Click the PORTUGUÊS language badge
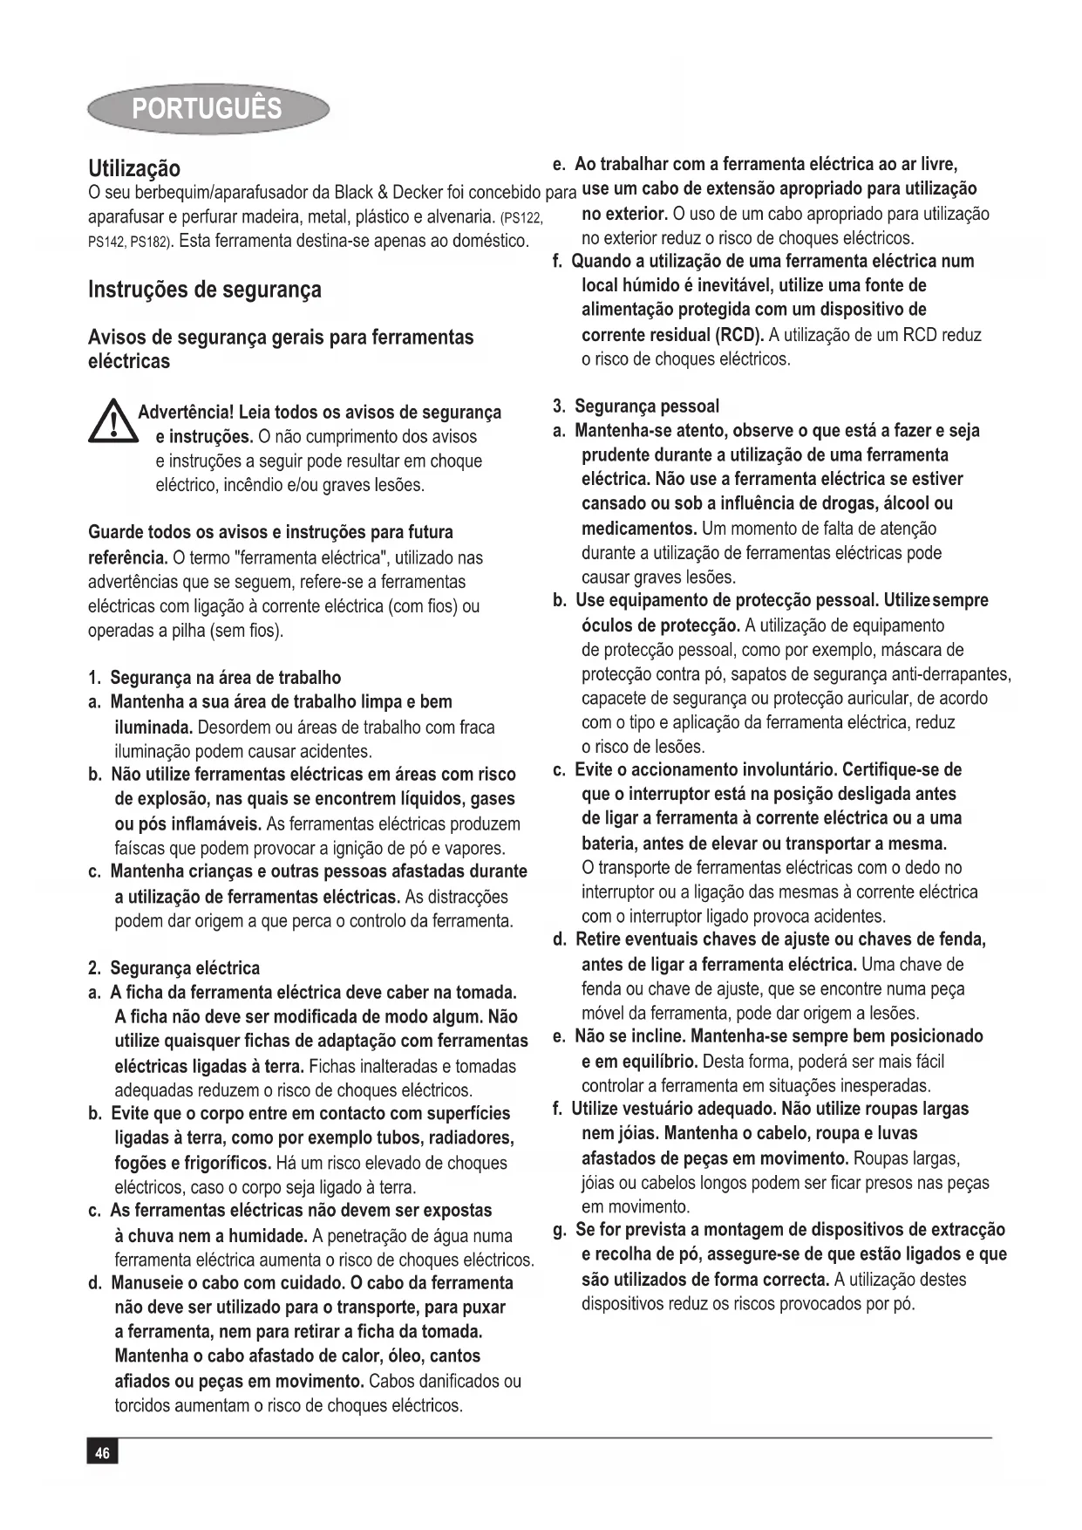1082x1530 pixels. click(208, 109)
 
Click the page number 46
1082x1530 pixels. click(102, 1451)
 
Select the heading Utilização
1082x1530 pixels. click(134, 169)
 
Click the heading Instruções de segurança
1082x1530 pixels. click(205, 290)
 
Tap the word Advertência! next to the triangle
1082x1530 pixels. click(186, 412)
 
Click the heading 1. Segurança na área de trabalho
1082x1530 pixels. click(214, 678)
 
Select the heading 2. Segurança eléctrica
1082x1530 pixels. click(174, 968)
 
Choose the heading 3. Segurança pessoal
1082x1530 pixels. click(636, 406)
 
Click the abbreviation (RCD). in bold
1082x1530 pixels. click(739, 335)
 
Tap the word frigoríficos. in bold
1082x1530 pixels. click(216, 1163)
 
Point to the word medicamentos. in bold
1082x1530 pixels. click(639, 529)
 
